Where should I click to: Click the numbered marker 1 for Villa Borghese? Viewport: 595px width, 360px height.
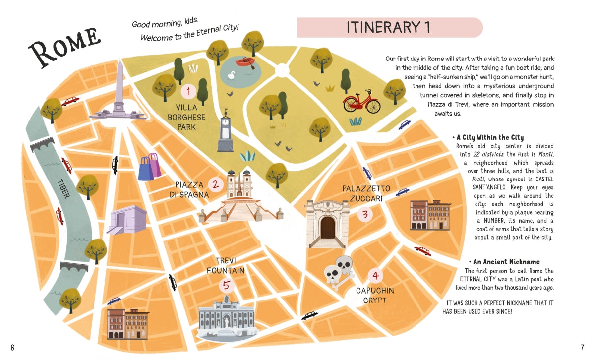188,92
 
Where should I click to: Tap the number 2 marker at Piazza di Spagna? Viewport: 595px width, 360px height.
215,185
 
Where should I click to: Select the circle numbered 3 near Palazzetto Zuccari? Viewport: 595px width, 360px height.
365,214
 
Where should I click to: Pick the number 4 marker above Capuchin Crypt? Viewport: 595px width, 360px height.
375,276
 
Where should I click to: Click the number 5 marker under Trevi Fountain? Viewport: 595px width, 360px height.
227,286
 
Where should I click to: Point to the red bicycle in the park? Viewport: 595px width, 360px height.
362,102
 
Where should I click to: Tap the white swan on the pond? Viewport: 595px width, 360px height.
231,75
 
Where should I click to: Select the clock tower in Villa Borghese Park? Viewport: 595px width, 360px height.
226,131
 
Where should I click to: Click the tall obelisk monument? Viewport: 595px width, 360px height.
119,92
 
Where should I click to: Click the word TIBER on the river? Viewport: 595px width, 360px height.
63,188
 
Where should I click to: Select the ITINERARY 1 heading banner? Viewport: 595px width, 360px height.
390,28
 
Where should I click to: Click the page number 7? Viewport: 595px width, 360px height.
583,347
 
